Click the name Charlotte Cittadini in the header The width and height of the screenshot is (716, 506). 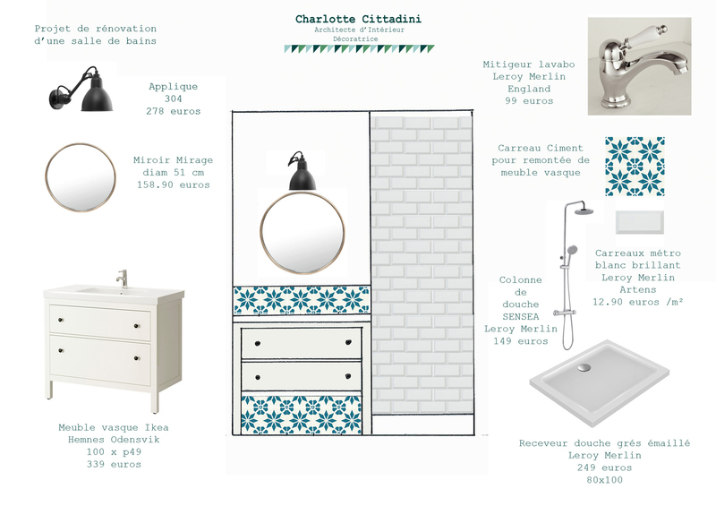pos(359,19)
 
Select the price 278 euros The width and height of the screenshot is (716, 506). pos(174,111)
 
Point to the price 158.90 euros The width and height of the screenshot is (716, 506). pos(174,184)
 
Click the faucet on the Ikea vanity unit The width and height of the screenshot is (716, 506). pos(123,278)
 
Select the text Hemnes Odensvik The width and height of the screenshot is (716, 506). pos(114,440)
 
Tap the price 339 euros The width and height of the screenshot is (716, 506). pos(114,465)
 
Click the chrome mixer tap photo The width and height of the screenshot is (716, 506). pos(639,66)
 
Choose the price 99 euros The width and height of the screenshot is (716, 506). pos(529,101)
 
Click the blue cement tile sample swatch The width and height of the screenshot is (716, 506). pos(635,167)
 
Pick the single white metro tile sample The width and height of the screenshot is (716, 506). pos(639,222)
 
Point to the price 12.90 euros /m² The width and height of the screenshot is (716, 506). pos(638,302)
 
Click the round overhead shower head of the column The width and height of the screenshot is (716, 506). pos(584,211)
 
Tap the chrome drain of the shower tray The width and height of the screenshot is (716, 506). pos(584,367)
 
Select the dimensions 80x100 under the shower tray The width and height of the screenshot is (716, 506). pos(605,480)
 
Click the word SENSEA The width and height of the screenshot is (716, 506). pos(521,316)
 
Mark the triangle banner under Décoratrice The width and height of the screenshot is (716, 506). pos(359,49)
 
